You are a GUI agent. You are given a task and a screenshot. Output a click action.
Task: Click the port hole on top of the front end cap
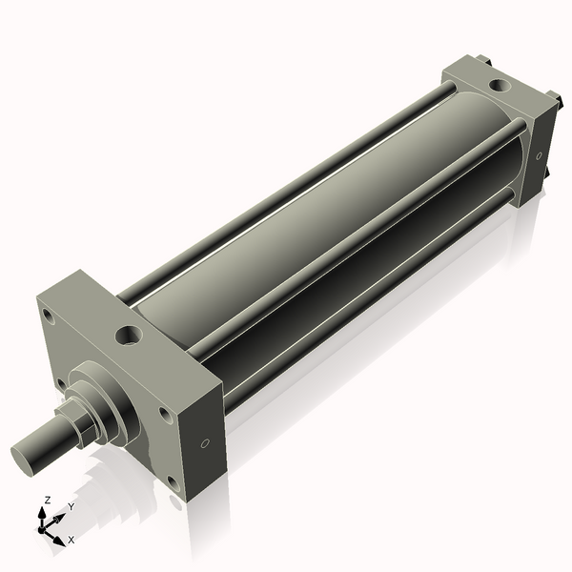click(x=128, y=336)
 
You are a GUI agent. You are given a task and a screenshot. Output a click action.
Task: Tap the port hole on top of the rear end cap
click(x=499, y=86)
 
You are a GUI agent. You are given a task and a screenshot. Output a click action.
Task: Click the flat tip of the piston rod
click(x=28, y=456)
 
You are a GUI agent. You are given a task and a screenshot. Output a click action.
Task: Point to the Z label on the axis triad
click(x=48, y=500)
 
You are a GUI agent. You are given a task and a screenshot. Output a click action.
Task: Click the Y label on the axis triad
click(x=71, y=507)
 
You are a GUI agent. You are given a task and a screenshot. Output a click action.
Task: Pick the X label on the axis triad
click(x=71, y=540)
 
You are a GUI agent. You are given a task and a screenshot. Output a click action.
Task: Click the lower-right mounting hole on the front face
click(x=174, y=481)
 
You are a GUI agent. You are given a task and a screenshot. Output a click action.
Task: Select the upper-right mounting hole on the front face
click(x=165, y=415)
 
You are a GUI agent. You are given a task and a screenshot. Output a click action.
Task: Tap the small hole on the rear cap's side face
click(x=540, y=155)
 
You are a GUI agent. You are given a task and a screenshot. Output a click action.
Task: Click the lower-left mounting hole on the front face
click(x=61, y=384)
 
